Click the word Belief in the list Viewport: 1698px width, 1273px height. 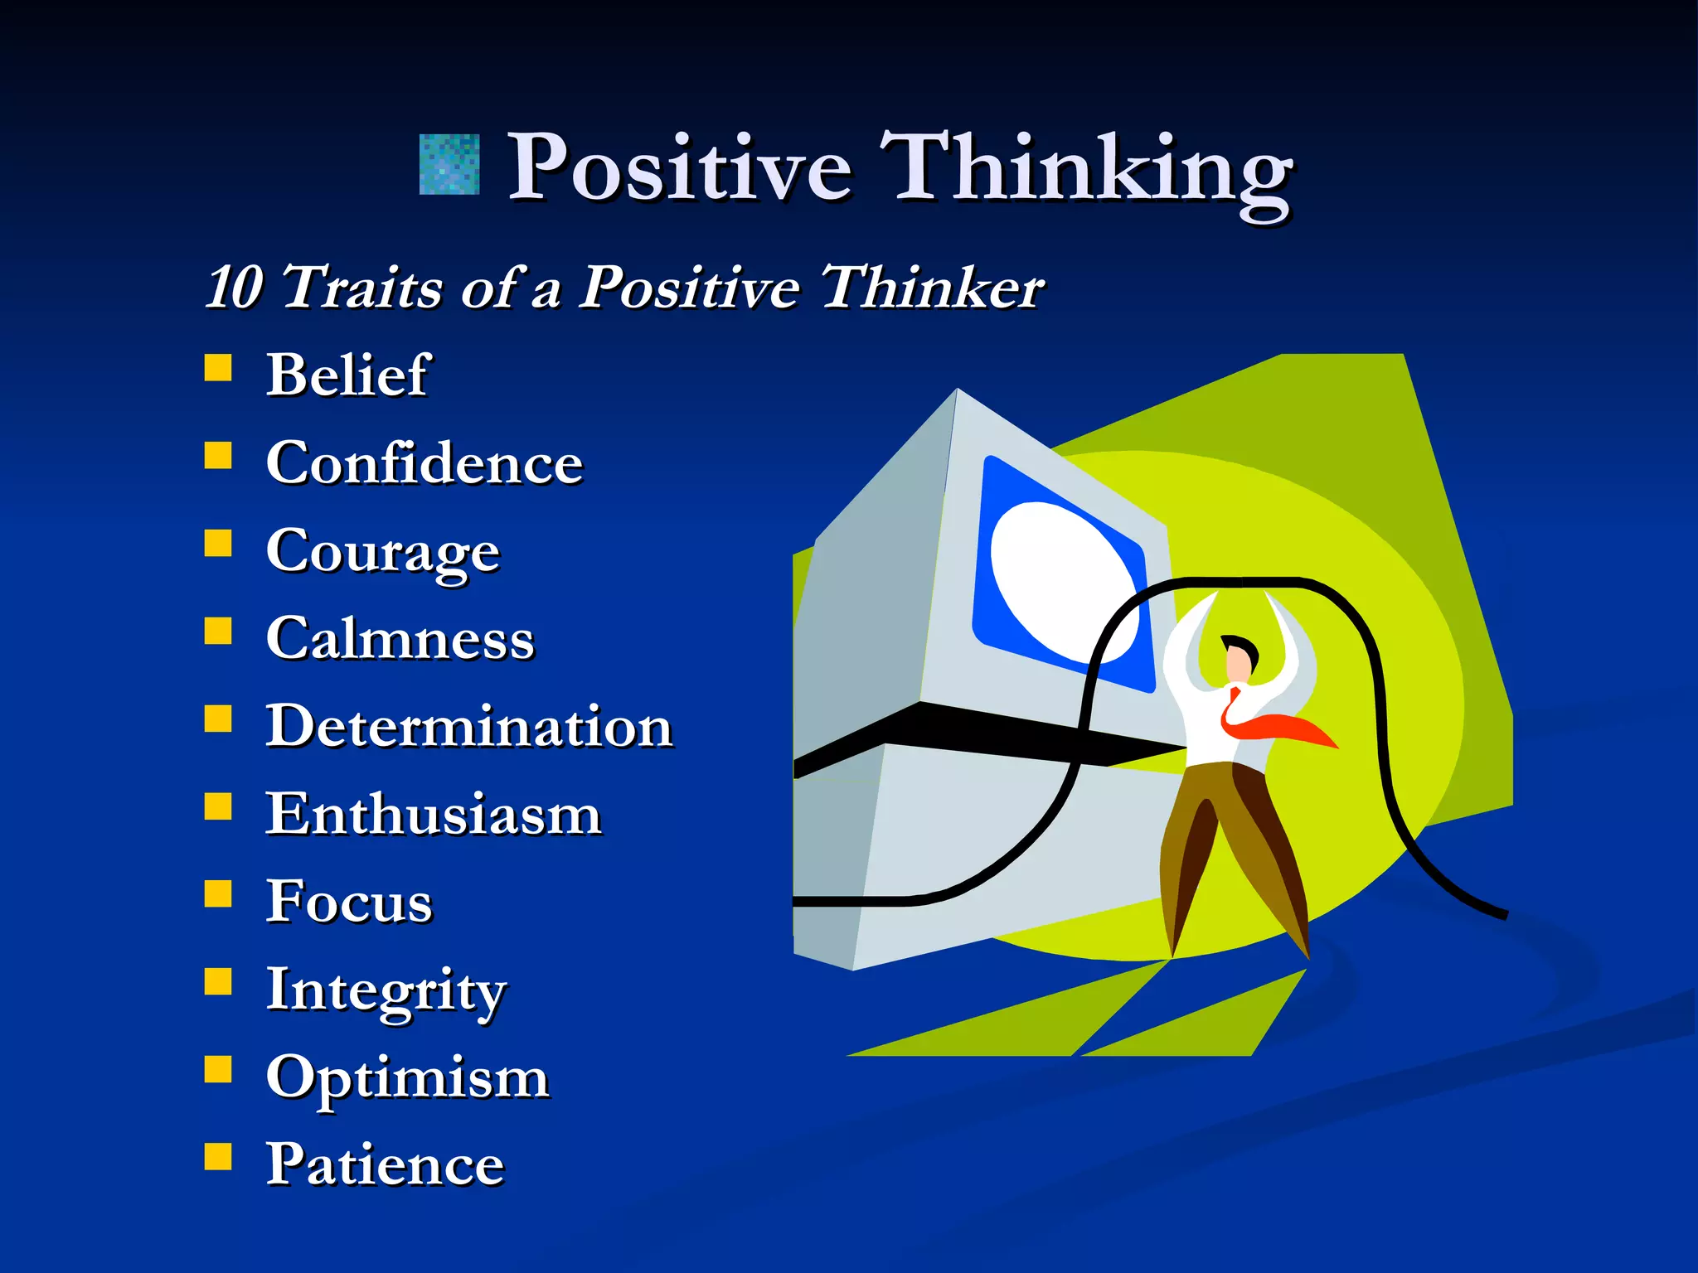(347, 375)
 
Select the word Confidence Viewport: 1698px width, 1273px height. (424, 462)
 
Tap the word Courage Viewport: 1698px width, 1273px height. (382, 550)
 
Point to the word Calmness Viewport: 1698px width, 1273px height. (400, 638)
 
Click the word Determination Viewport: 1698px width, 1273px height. (468, 726)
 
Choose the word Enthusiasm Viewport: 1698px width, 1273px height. (433, 814)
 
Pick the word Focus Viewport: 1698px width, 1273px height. (349, 902)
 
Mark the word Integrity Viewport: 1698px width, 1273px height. (385, 990)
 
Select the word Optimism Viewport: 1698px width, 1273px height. (407, 1077)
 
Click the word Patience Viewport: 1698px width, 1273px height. (385, 1164)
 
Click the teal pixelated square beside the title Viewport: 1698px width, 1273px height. (449, 165)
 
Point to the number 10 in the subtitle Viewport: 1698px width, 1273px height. (234, 288)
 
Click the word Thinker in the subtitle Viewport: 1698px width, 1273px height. (932, 288)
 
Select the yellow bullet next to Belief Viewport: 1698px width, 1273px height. (218, 367)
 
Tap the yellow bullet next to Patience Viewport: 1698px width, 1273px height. (218, 1156)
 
